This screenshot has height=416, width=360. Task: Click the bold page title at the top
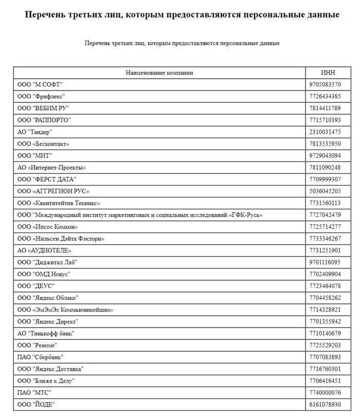[x=182, y=14]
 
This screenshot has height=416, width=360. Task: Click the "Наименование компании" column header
[x=159, y=73]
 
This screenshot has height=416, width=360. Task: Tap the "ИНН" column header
[x=328, y=73]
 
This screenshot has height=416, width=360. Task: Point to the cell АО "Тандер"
[x=34, y=132]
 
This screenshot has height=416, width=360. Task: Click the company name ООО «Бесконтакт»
[x=43, y=144]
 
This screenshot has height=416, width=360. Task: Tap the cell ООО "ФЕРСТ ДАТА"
[x=47, y=179]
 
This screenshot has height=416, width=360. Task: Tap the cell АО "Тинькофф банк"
[x=46, y=333]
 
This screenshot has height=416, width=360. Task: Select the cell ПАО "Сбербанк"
[x=40, y=357]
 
